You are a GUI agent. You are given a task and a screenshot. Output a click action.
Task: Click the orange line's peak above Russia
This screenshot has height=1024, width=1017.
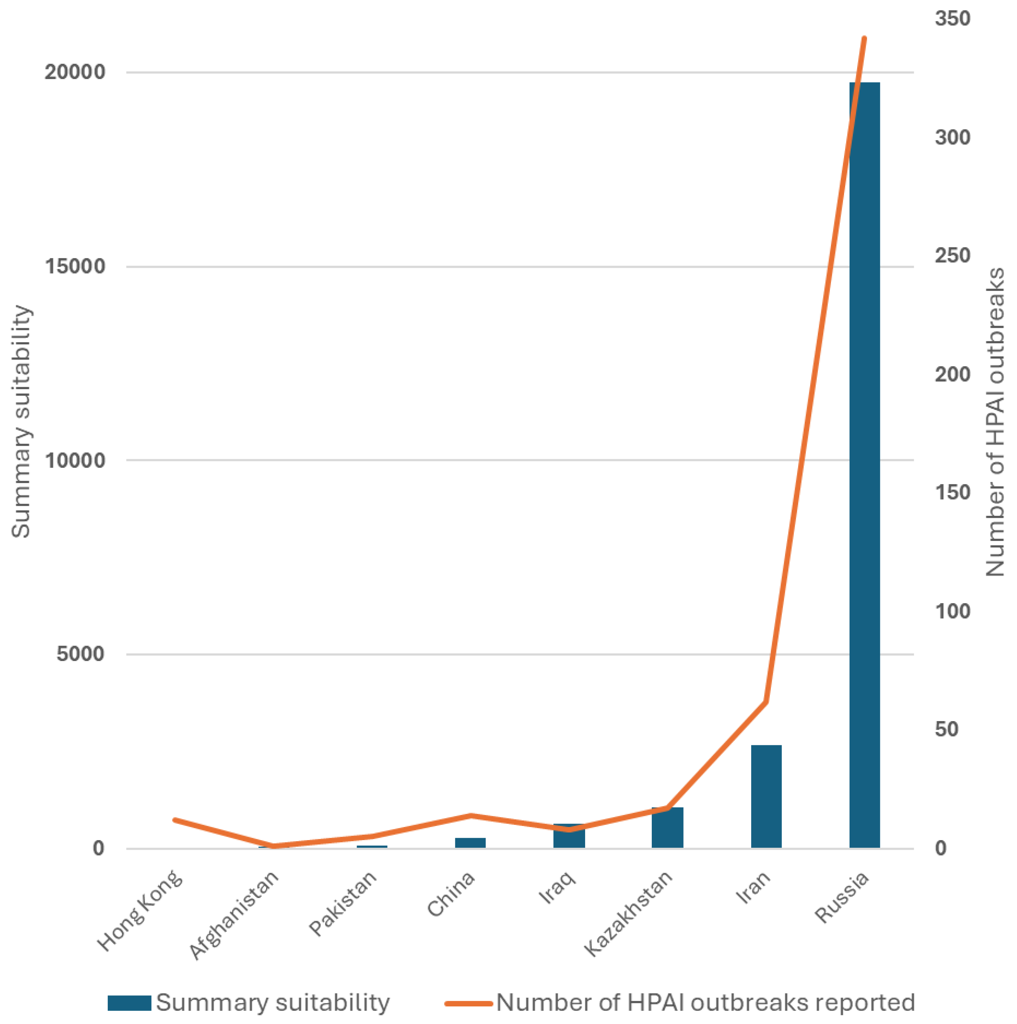(865, 38)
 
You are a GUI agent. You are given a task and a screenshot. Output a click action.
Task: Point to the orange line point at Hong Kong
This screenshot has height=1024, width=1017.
(175, 820)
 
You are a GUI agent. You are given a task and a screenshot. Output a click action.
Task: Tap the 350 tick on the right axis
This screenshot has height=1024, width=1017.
(952, 19)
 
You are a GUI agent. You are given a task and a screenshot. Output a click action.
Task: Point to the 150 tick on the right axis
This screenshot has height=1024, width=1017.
(952, 492)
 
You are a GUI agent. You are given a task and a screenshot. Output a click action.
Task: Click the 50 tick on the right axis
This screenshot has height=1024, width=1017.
(947, 729)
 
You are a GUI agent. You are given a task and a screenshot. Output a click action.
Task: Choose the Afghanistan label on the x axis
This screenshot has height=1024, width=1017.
(234, 915)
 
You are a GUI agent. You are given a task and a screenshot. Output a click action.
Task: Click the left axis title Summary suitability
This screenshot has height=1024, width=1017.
(21, 421)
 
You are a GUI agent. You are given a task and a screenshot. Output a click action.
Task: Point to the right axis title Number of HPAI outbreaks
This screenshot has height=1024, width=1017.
(995, 421)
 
